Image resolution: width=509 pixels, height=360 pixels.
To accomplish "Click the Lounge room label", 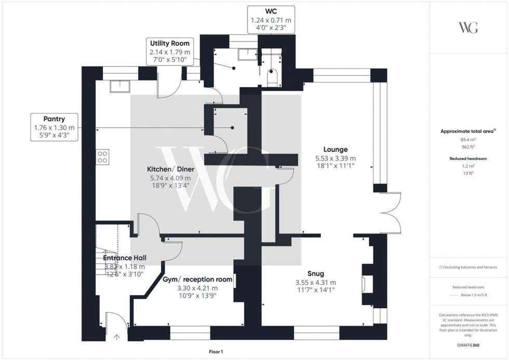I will (x=335, y=150).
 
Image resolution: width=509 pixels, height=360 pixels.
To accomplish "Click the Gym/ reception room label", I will (x=197, y=279).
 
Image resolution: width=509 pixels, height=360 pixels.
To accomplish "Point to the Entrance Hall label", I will (x=124, y=258).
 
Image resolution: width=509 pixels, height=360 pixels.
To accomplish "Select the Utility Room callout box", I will (x=170, y=51).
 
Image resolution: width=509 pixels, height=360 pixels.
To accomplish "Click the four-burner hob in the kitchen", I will (x=102, y=157).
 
